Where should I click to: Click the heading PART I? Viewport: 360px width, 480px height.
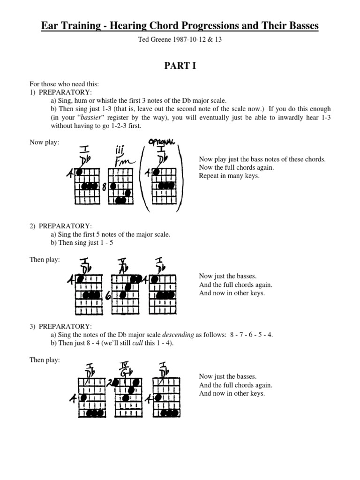[180, 66]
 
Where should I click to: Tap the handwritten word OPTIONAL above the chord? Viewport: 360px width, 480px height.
[162, 142]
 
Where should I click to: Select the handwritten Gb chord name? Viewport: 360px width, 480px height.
[125, 373]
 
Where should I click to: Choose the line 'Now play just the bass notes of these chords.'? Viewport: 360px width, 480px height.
[262, 159]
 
